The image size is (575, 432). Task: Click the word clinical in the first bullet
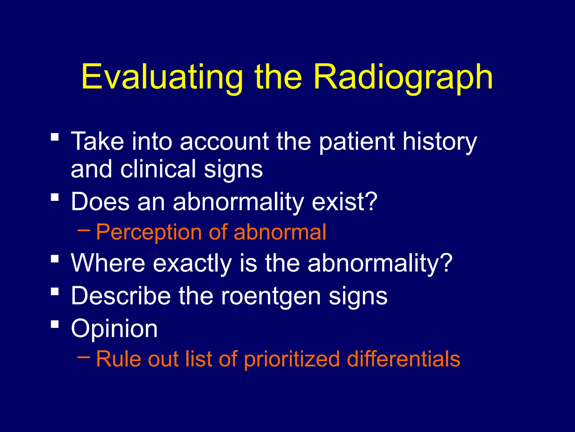[158, 169]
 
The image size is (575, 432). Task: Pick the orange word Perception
[149, 232]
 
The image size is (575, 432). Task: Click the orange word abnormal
[280, 232]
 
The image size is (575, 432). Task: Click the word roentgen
[271, 296]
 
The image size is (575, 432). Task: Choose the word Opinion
[114, 329]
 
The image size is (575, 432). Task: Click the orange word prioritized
[292, 359]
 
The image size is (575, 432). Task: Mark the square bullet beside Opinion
[55, 324]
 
